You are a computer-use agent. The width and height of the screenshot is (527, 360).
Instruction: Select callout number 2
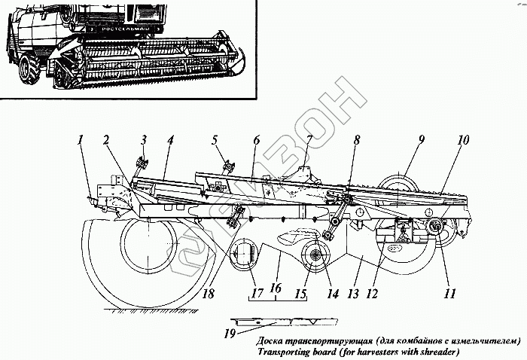[107, 140]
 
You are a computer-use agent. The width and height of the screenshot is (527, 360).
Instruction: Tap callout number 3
[142, 140]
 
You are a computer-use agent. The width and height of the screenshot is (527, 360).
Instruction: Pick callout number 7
[308, 140]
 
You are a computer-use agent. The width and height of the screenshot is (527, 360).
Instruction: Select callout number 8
[356, 140]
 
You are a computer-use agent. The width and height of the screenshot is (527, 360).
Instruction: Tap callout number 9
[421, 140]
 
